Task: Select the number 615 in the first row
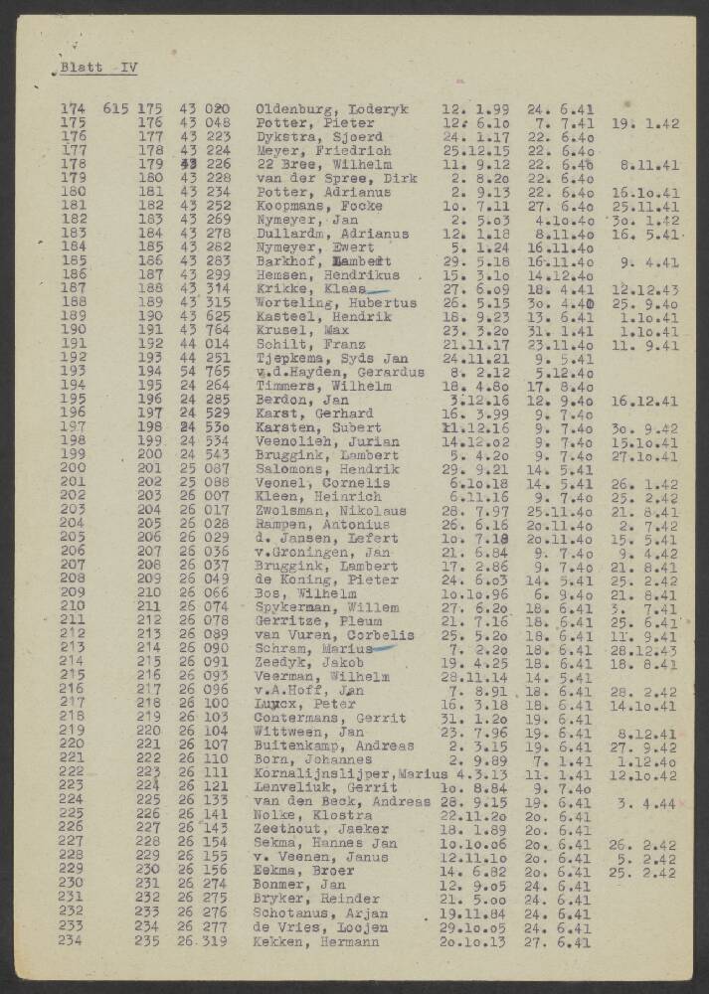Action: point(115,109)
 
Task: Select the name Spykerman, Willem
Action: point(328,606)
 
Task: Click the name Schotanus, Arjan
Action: point(321,912)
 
